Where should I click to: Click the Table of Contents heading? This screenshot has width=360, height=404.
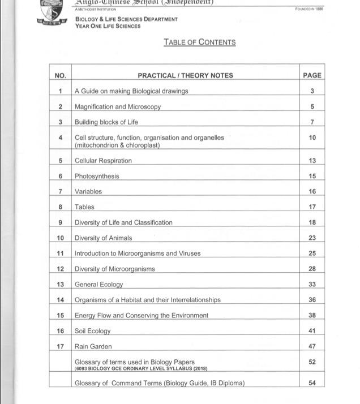tap(199, 42)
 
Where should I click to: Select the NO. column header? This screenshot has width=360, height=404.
tap(61, 75)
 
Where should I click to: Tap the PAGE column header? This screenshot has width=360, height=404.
tap(312, 75)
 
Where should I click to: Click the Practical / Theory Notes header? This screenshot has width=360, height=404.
tap(185, 75)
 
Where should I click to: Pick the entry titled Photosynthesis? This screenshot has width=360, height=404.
tap(97, 176)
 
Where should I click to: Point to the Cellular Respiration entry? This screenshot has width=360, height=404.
tap(103, 161)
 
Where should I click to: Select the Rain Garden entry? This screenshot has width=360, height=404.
tap(93, 346)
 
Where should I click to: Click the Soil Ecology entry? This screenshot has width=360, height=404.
tap(93, 331)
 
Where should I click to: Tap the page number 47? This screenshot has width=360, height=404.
tap(312, 346)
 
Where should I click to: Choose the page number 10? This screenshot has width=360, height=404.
tap(312, 137)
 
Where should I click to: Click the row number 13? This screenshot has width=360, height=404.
tap(61, 285)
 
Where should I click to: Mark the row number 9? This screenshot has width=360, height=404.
tap(61, 222)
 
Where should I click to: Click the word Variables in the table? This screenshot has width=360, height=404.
tap(88, 192)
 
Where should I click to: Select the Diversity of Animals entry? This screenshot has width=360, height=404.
tap(104, 238)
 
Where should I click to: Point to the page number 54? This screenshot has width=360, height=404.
tap(312, 383)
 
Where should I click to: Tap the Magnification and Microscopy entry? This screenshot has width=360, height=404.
tap(118, 106)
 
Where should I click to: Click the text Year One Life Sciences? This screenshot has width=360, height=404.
tap(108, 26)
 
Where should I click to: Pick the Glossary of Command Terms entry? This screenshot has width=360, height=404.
tap(160, 383)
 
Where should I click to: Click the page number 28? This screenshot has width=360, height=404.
tap(312, 269)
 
